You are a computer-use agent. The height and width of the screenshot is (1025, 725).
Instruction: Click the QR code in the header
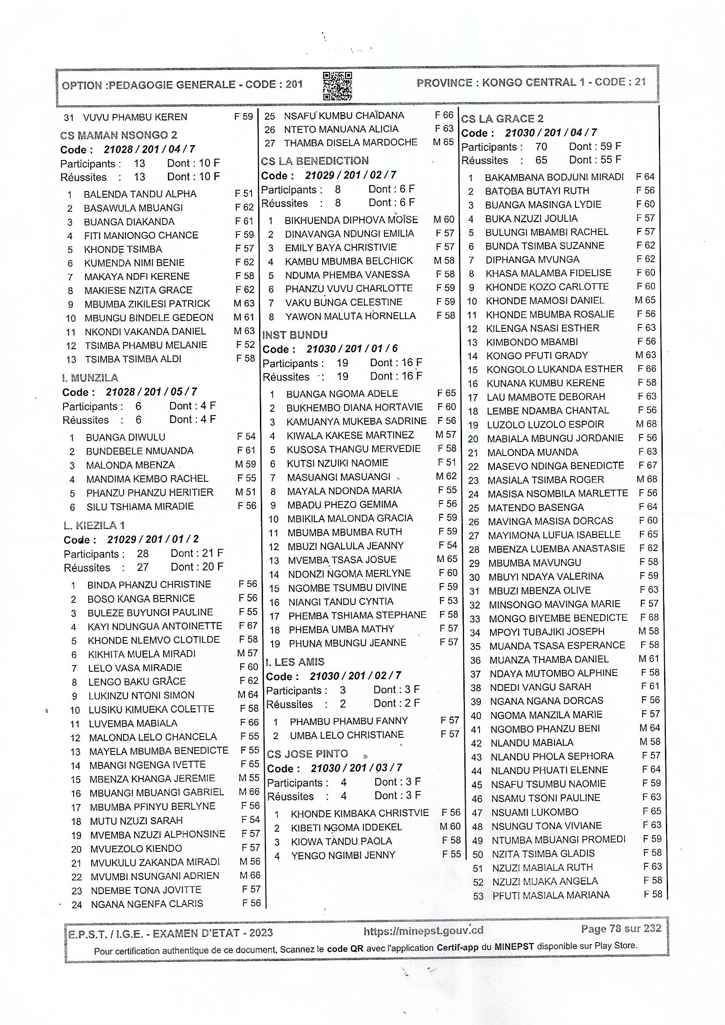point(338,86)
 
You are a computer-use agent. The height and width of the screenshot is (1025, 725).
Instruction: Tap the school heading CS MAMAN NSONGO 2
point(118,135)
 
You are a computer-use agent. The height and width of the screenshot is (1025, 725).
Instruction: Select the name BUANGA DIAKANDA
point(129,222)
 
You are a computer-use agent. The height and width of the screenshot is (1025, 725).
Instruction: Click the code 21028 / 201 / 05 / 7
point(151,392)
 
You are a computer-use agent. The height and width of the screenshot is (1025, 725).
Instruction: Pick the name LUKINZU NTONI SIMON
point(141,695)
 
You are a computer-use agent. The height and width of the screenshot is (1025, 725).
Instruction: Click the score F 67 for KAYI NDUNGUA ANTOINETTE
point(248,626)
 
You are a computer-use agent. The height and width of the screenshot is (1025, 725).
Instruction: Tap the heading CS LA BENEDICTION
point(315,161)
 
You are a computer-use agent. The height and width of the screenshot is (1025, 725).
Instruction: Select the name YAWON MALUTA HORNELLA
point(351,316)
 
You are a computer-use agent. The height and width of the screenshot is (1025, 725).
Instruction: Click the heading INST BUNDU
point(295,335)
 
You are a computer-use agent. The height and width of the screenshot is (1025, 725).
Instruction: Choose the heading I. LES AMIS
point(295,662)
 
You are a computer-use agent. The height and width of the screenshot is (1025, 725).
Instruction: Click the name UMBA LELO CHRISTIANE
point(346,735)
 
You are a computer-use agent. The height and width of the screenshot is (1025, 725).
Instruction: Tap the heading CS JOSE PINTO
point(307,754)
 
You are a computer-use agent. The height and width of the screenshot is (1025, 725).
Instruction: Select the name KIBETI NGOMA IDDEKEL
point(346,827)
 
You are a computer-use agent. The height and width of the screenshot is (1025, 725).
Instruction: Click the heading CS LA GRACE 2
point(502,119)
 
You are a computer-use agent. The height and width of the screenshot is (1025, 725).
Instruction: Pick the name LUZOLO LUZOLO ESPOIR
point(545,424)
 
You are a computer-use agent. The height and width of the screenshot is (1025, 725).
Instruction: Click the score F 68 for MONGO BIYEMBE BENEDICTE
point(649,617)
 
